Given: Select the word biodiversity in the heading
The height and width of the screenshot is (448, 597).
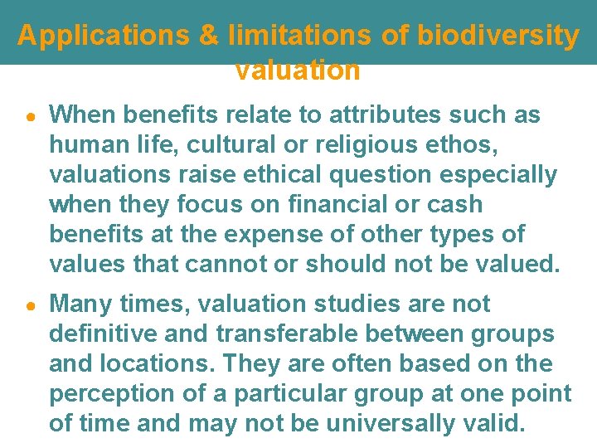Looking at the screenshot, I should (x=498, y=36).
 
